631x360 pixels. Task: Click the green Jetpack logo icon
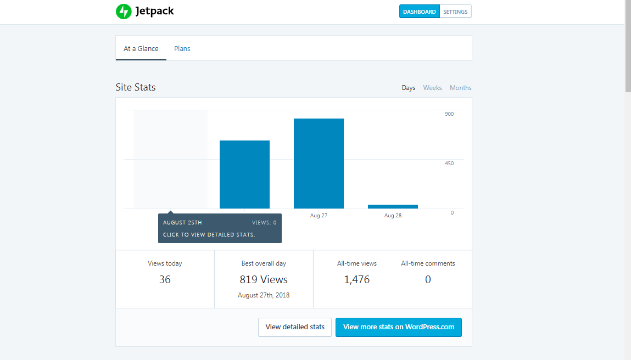(124, 12)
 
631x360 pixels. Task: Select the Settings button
(455, 12)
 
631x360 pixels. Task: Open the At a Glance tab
(141, 48)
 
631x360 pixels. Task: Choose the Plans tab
(182, 48)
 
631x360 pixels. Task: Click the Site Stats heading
(136, 87)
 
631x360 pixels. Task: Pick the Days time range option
(409, 88)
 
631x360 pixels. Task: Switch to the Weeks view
(432, 88)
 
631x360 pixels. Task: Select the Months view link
(460, 88)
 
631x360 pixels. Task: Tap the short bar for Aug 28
(393, 206)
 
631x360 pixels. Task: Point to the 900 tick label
(449, 114)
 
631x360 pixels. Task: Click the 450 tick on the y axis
(449, 164)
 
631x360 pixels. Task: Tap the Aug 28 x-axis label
(393, 216)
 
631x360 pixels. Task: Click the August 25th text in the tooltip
(182, 223)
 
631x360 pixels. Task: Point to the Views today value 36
(165, 279)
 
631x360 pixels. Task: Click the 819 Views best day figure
(264, 279)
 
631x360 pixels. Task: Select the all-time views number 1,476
(357, 279)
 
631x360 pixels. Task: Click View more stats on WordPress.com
(399, 327)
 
